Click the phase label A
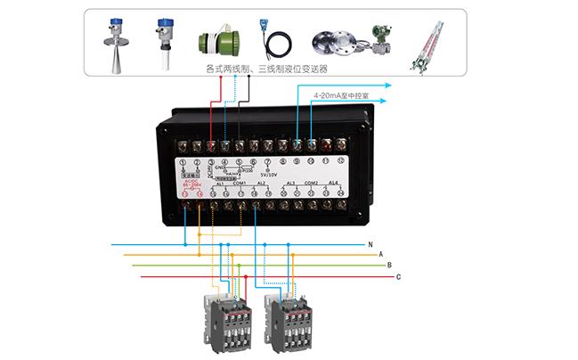[381, 254]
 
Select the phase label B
[389, 266]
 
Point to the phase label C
[398, 277]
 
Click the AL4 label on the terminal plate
[333, 183]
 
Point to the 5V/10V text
[268, 175]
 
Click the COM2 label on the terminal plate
[311, 183]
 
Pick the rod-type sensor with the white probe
[164, 43]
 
